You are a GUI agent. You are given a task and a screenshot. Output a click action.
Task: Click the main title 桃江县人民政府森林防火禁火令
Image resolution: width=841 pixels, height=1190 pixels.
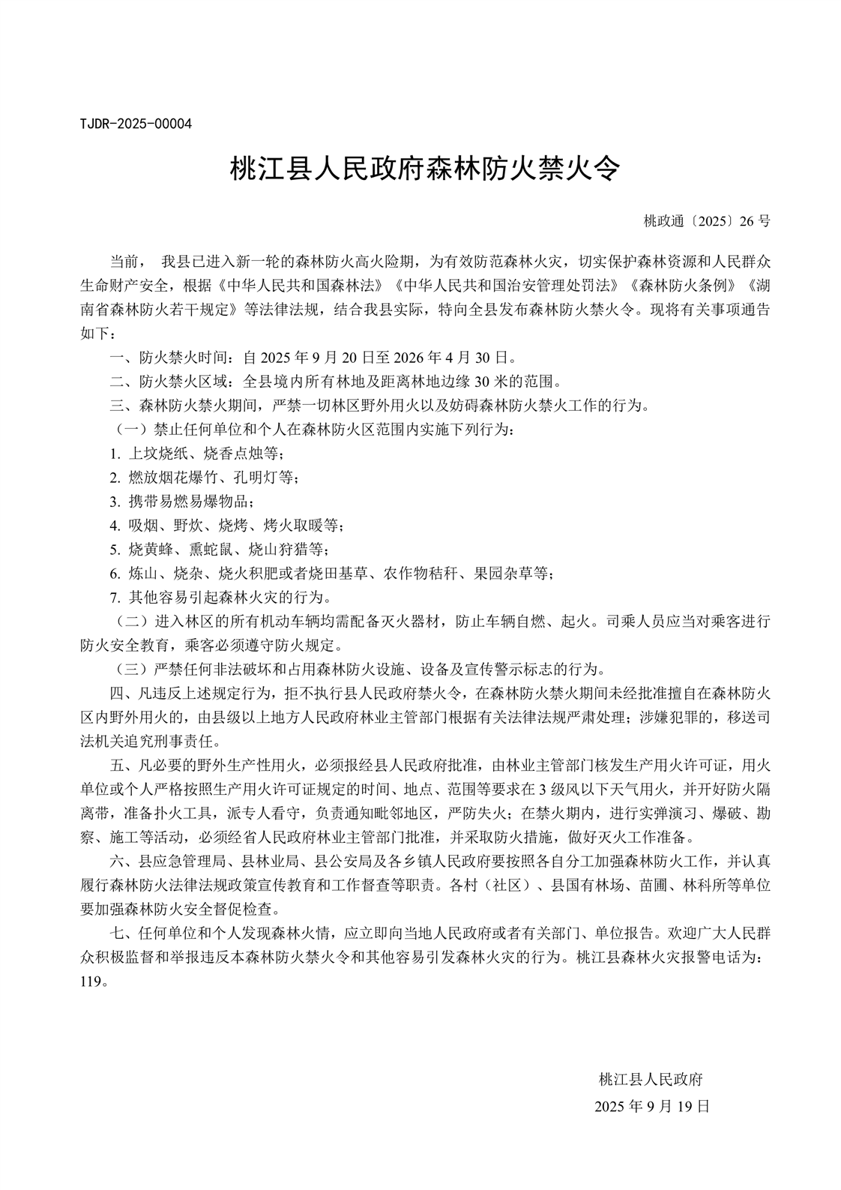click(x=424, y=169)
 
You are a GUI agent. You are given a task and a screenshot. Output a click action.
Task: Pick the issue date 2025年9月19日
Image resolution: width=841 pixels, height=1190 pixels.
click(x=651, y=1106)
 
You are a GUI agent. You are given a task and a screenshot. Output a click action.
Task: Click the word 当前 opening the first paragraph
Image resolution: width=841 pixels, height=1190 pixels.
click(x=124, y=262)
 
